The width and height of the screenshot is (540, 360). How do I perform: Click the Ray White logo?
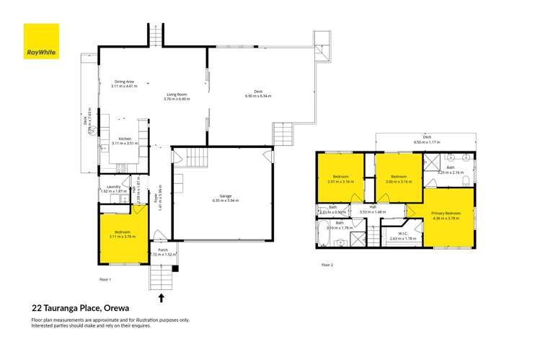41,41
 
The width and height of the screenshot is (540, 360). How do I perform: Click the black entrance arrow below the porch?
161,297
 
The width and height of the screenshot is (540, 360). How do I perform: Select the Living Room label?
177,94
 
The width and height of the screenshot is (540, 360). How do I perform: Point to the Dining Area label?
124,82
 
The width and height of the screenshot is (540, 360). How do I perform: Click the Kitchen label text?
125,139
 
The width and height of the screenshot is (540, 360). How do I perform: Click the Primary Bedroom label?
446,214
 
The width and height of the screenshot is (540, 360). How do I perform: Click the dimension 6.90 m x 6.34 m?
258,96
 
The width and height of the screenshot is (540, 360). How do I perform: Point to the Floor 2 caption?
327,265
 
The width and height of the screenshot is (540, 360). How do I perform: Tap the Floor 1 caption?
105,278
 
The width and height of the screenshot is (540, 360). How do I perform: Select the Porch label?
162,250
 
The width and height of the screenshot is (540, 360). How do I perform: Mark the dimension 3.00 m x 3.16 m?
399,181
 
